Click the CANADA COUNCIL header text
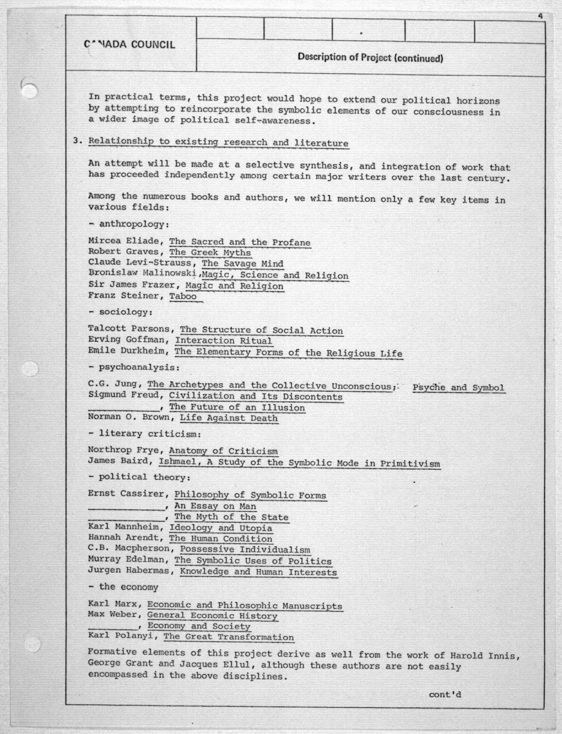129,44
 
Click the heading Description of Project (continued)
370,58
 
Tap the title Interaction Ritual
223,341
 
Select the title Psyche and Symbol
458,388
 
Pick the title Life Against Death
229,418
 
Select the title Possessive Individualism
245,549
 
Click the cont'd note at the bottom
445,695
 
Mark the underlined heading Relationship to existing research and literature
218,142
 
